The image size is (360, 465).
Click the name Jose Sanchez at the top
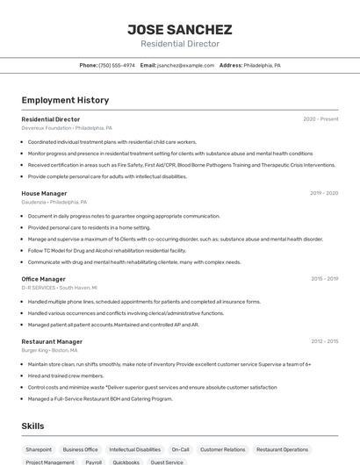click(180, 29)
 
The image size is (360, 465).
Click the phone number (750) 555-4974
click(117, 65)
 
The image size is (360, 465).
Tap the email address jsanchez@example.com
click(185, 65)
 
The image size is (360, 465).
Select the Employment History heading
click(65, 100)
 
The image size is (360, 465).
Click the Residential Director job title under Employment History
click(50, 118)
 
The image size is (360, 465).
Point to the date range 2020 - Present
click(320, 118)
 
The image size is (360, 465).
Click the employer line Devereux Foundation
click(67, 127)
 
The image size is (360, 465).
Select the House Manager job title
click(44, 193)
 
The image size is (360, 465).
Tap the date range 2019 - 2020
click(324, 193)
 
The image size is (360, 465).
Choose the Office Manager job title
click(43, 279)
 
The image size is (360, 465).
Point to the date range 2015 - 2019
click(324, 279)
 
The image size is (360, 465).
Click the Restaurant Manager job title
click(52, 341)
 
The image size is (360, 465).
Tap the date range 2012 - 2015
click(324, 341)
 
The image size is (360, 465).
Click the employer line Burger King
click(55, 350)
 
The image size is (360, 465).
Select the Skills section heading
click(33, 426)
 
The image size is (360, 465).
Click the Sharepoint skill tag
click(39, 449)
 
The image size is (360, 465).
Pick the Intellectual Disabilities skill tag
click(135, 449)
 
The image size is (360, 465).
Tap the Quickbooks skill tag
click(126, 461)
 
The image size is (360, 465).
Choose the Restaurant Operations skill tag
click(283, 449)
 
